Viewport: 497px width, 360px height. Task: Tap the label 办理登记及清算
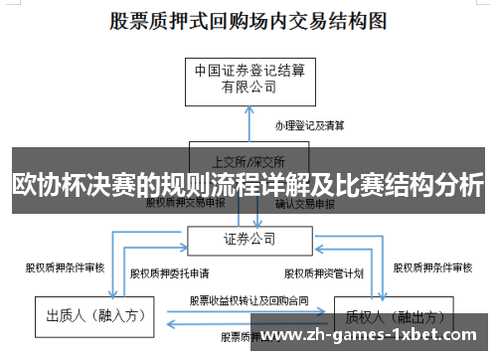[310, 125]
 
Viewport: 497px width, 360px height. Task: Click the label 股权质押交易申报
[185, 203]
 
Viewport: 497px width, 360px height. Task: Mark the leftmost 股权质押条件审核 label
[65, 267]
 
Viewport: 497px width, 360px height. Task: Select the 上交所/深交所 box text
[248, 160]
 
